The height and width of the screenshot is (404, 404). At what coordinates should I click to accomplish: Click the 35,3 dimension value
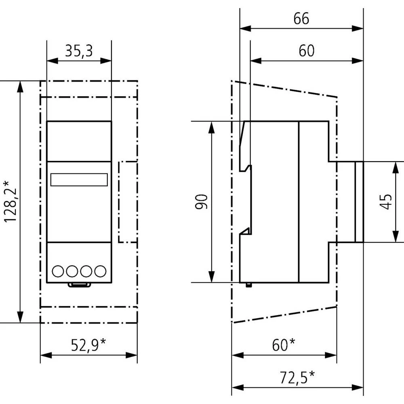[79, 51]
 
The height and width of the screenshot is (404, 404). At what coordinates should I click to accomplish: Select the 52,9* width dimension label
[88, 345]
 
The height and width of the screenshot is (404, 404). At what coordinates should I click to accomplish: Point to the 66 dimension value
[301, 19]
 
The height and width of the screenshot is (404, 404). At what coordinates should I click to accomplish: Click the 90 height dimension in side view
[201, 202]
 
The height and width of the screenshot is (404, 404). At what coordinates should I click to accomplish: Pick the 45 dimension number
[386, 202]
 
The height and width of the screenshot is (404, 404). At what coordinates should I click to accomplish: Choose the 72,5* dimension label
[297, 378]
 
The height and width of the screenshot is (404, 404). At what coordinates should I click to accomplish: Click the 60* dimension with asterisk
[284, 345]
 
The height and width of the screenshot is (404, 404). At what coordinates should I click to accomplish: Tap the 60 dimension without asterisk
[307, 51]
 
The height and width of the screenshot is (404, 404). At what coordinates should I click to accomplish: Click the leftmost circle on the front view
[58, 271]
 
